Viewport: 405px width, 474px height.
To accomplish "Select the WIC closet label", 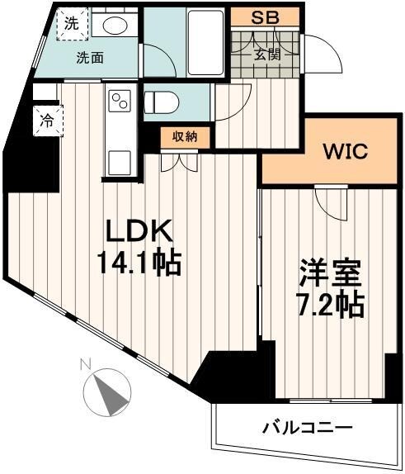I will tap(345, 153).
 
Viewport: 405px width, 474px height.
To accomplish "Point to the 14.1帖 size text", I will tap(138, 265).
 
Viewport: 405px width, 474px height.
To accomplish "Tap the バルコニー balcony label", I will tap(307, 428).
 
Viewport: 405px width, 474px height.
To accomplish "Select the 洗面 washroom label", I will tap(90, 58).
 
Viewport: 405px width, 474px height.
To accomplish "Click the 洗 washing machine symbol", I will tap(73, 24).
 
